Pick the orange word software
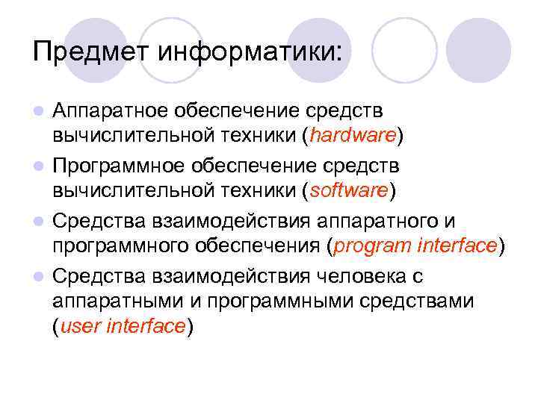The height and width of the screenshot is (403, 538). (x=348, y=190)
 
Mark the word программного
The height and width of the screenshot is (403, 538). (x=123, y=245)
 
